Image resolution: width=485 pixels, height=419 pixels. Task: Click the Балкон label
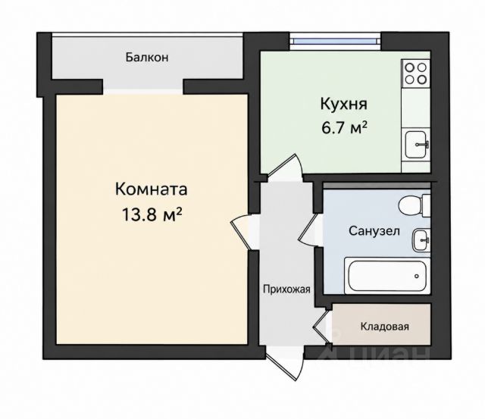(x=147, y=58)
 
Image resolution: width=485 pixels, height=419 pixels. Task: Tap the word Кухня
(x=343, y=105)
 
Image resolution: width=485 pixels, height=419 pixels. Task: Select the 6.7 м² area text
(x=344, y=127)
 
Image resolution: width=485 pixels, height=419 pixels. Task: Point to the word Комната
(x=152, y=189)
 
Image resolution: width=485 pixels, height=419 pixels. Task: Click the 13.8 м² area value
(x=152, y=214)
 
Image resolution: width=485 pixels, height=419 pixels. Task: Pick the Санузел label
(x=374, y=231)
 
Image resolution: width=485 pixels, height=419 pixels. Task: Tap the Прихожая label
(x=286, y=289)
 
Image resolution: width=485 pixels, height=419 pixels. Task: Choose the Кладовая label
(x=385, y=327)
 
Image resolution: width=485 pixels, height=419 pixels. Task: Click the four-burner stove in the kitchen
(x=416, y=73)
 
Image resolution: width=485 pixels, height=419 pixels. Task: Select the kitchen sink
(x=417, y=145)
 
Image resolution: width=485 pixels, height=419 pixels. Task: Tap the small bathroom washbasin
(x=421, y=240)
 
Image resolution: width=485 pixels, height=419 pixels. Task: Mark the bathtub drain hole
(x=417, y=276)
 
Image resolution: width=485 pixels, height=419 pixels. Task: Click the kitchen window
(x=336, y=42)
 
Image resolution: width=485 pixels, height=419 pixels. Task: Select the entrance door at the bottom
(x=285, y=364)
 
